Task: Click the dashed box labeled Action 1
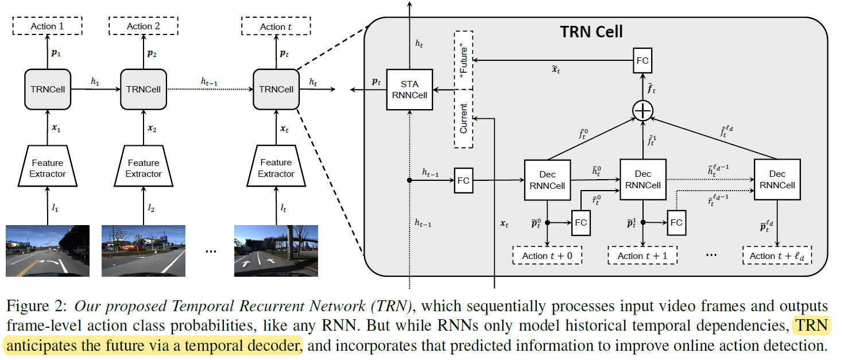[48, 26]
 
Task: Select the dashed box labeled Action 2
[144, 26]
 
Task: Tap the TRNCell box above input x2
[144, 89]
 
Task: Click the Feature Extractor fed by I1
[48, 168]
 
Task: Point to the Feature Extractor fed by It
[276, 168]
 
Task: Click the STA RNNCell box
[409, 90]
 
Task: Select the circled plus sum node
[642, 110]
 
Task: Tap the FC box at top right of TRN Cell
[642, 60]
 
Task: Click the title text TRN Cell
[591, 32]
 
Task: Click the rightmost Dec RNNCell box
[777, 179]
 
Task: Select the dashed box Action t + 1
[642, 256]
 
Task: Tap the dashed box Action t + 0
[547, 256]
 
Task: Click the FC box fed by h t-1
[463, 180]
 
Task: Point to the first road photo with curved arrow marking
[48, 251]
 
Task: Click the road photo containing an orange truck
[144, 251]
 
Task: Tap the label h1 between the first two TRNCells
[95, 82]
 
